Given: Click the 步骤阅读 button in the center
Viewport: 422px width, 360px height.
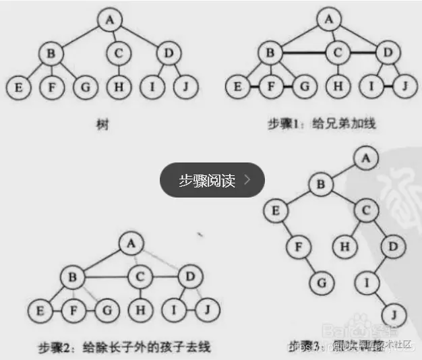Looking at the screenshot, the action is [212, 180].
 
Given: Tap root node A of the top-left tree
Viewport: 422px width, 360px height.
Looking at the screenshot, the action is [109, 20].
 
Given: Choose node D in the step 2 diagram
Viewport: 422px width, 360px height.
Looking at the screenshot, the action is [191, 276].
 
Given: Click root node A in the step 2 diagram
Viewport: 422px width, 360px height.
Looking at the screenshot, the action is [129, 243].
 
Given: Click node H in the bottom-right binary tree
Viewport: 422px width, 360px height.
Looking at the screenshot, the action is [345, 247].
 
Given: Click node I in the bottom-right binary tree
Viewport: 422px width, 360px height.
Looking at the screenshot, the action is [367, 280].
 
